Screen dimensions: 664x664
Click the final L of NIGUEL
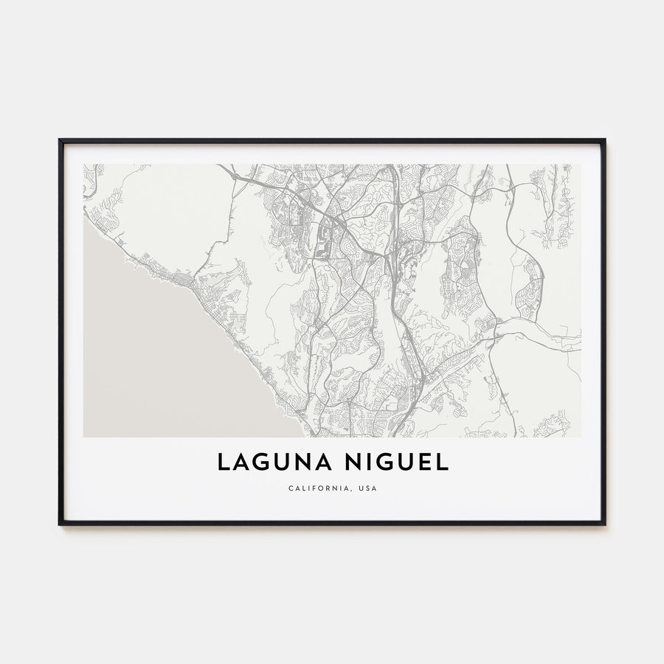[442, 462]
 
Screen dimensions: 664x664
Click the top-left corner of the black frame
[60, 139]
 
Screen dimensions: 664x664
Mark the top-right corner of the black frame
[604, 139]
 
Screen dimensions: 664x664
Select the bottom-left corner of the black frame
[60, 524]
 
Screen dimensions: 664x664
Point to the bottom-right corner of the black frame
[604, 524]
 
